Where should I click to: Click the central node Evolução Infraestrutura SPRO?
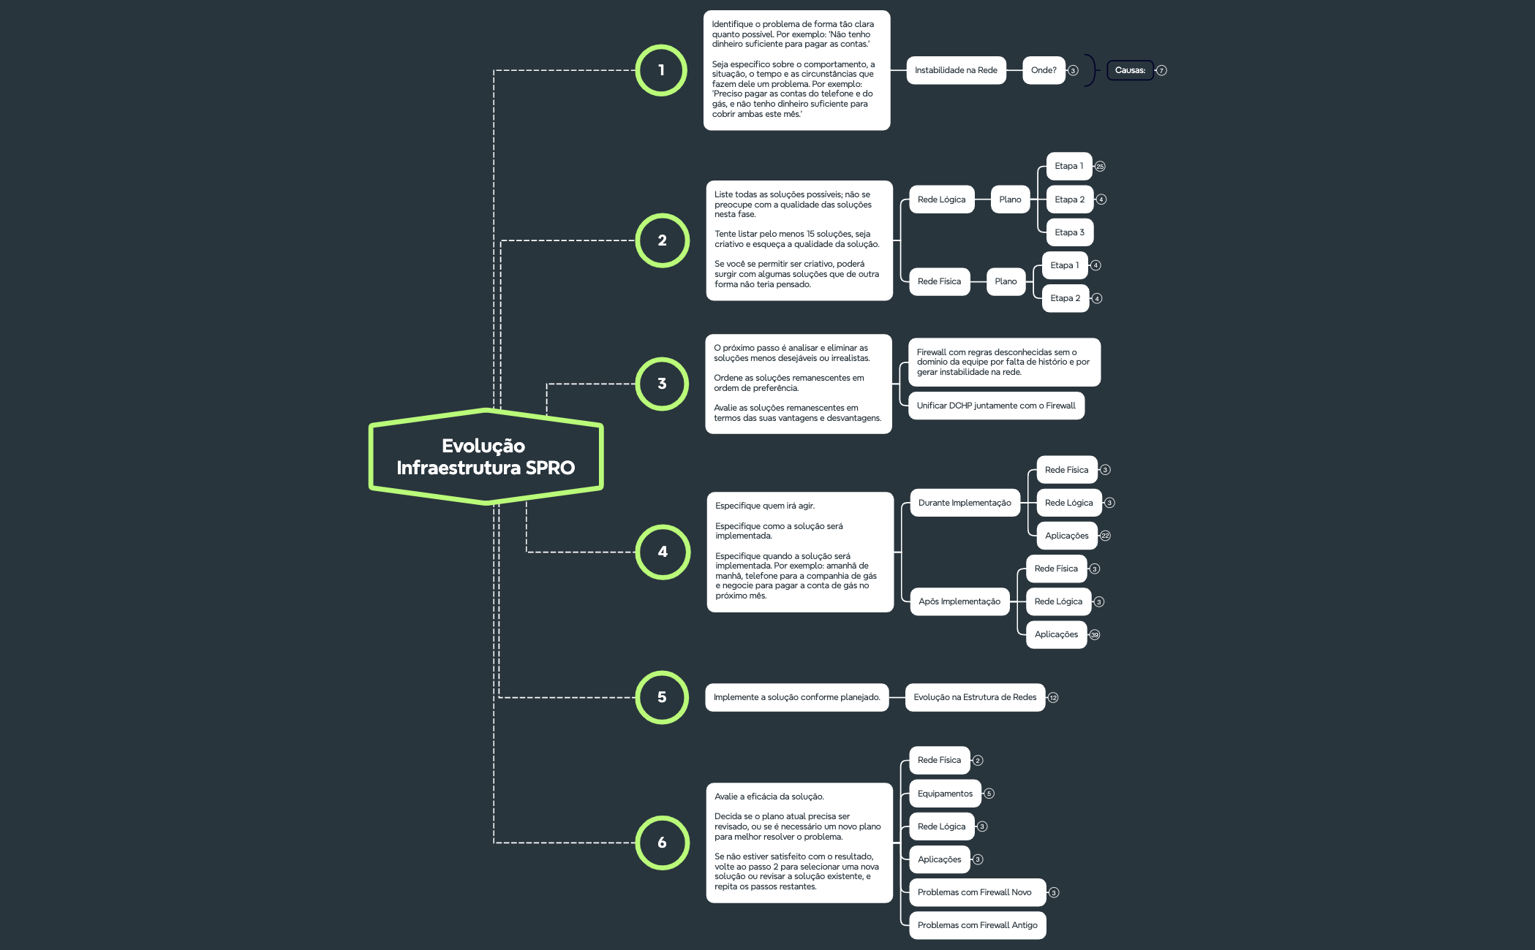486,457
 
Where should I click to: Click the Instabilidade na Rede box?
956,70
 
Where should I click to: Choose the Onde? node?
1044,70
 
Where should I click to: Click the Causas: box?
1130,70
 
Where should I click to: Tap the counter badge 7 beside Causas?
1161,71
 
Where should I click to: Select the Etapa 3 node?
1069,232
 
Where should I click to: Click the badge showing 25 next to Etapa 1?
1100,167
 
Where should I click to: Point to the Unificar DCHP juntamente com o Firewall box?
996,406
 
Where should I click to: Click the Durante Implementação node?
965,503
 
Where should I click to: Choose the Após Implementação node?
959,601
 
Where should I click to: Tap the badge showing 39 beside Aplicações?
1095,635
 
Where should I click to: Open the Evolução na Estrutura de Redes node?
975,697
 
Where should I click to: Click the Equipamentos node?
945,794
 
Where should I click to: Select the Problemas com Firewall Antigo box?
978,925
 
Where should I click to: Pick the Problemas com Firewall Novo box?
975,892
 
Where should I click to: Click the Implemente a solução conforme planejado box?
797,697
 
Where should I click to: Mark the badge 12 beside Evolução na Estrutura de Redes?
1053,698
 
